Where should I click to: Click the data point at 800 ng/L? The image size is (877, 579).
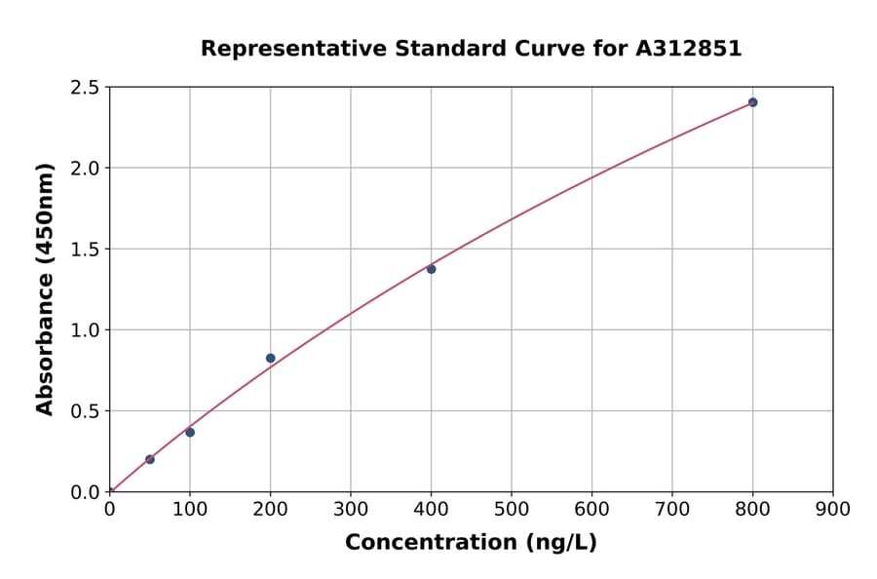[752, 102]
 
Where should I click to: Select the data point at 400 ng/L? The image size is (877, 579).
[431, 269]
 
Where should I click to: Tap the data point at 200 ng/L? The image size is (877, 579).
[270, 358]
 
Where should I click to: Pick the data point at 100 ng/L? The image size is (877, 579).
[190, 432]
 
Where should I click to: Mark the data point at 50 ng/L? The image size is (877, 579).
[149, 459]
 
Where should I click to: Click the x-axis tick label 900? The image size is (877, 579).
[833, 509]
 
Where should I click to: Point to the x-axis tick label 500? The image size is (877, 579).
[512, 509]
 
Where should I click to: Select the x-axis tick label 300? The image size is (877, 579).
[351, 509]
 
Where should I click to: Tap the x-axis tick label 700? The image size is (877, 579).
[672, 509]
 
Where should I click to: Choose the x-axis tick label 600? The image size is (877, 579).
[591, 509]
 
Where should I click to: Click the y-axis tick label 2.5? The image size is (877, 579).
[85, 88]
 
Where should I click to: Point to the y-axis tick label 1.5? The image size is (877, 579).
[85, 250]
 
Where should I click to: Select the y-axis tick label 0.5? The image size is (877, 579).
[85, 411]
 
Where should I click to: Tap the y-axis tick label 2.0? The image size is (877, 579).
[85, 169]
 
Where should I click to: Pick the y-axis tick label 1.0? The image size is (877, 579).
[85, 330]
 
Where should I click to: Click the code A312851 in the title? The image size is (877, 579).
[689, 49]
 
